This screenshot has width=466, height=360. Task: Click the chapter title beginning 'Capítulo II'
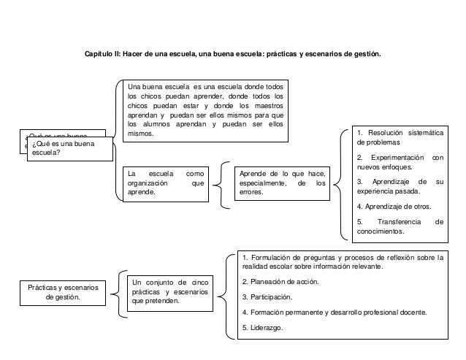(233, 55)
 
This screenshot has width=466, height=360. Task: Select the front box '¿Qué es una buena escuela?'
(69, 149)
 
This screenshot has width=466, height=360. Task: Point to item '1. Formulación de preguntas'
(342, 261)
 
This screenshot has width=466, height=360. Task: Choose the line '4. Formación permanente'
(334, 313)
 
